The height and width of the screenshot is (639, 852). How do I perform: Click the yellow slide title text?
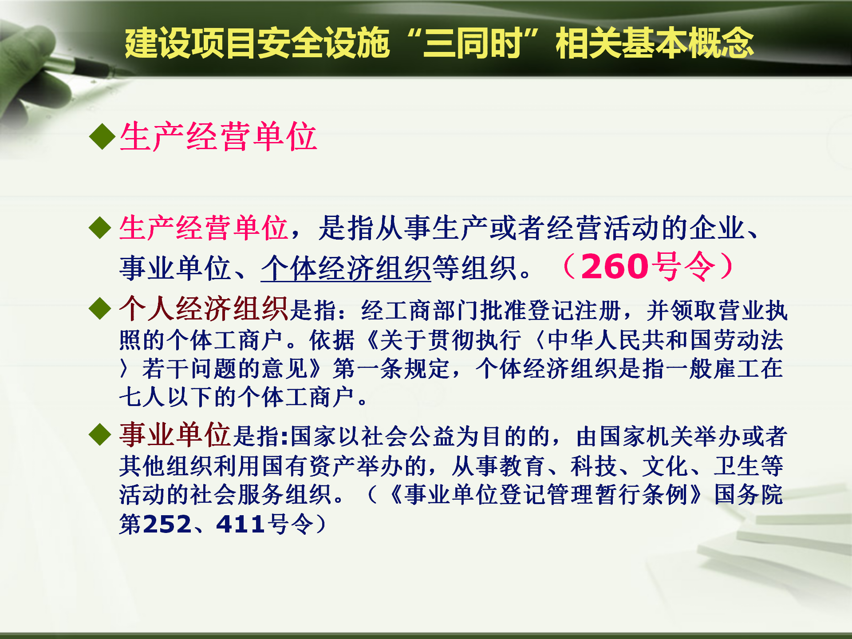coord(439,43)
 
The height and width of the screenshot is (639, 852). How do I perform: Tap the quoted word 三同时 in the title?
coord(473,43)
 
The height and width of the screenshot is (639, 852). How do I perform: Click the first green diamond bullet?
coord(103,136)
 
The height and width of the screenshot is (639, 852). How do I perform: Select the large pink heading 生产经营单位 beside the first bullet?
coord(218,136)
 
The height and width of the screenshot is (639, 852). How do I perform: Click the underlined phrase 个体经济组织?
coord(346,268)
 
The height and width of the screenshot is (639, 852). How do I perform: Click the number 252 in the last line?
coord(167,524)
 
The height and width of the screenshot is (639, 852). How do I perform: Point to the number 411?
coord(240,524)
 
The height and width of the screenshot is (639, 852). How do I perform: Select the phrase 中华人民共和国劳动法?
coord(666,340)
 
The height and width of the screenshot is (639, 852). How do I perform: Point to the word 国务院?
coord(749,494)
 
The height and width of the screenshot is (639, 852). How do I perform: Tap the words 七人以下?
coord(166,397)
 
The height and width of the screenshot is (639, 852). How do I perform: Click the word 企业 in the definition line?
coord(718,228)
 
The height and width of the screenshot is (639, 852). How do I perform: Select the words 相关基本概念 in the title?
coord(655,43)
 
